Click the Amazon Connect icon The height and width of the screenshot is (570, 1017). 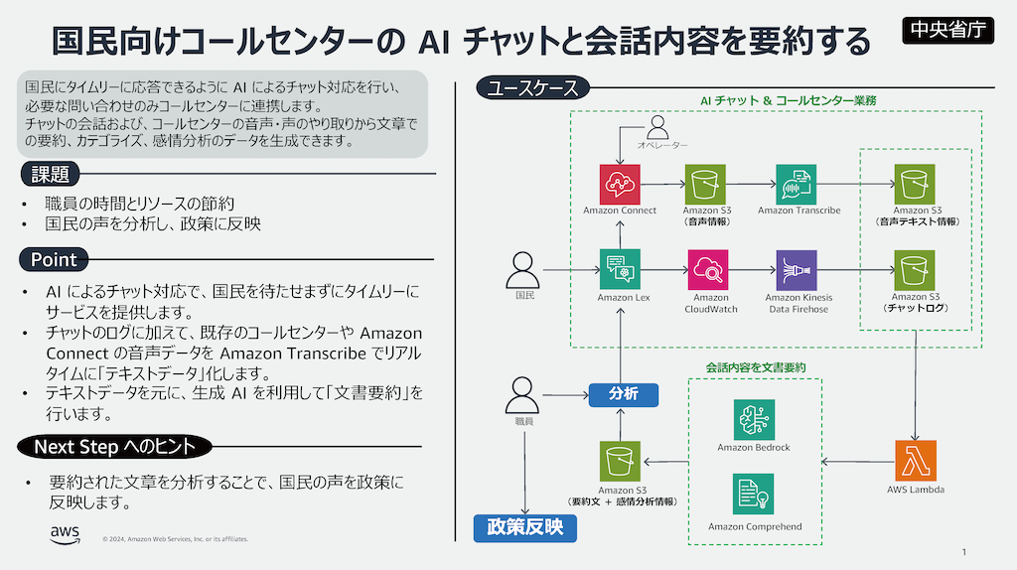pos(620,184)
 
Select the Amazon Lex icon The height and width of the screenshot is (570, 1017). pos(620,269)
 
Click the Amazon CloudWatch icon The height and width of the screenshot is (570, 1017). pos(708,269)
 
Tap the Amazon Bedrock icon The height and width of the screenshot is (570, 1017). pos(754,419)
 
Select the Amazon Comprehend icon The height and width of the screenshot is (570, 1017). pos(754,495)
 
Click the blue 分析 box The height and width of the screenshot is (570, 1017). pos(623,394)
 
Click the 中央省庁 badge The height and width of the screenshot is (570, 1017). pos(947,29)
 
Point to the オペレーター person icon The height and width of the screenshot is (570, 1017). pos(658,127)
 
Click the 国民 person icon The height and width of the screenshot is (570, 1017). pos(523,269)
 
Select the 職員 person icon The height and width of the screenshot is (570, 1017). pos(523,394)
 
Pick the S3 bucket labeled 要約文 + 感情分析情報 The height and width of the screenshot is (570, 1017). pos(620,462)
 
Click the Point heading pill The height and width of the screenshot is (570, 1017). pos(55,260)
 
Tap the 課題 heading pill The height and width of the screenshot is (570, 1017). pos(51,175)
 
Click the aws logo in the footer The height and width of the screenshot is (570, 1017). pos(66,535)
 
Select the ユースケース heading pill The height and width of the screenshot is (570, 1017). pos(532,88)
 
